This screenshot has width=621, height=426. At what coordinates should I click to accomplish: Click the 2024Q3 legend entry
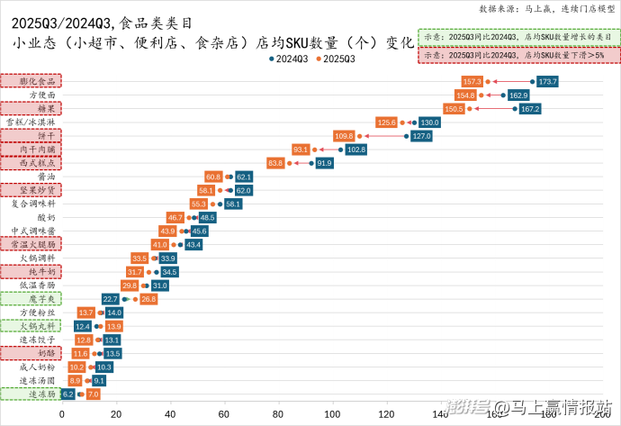point(291,59)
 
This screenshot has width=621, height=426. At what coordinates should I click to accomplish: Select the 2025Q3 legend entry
point(336,59)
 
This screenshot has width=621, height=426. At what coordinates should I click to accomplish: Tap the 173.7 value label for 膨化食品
point(548,82)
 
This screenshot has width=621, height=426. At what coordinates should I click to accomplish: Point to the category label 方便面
point(42,95)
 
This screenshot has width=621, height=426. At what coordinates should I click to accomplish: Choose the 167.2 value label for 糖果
point(530,109)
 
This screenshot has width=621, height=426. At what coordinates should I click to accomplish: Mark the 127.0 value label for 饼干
point(422,136)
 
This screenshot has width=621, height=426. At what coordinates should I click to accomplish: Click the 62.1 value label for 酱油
point(244,177)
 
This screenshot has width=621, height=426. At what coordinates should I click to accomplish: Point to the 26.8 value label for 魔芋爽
point(148,299)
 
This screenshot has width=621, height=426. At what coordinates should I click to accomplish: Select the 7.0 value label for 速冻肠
point(93,394)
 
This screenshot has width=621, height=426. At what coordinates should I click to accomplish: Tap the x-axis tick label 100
point(332,414)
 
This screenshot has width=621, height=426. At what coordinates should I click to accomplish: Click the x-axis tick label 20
point(116,414)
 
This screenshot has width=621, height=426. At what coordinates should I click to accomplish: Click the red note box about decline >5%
point(519,55)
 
